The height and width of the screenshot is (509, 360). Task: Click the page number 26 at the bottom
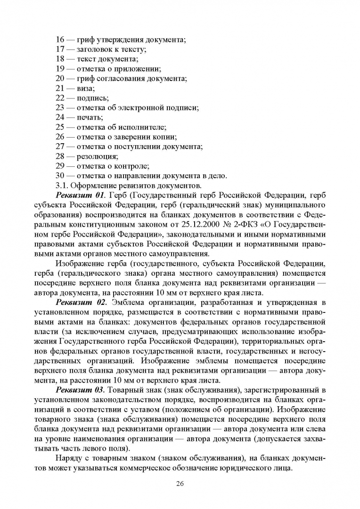tap(180, 483)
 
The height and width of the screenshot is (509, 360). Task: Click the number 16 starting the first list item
tap(60, 40)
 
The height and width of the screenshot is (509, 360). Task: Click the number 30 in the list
tap(60, 175)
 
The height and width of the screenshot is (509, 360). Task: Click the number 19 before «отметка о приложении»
tap(60, 69)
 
